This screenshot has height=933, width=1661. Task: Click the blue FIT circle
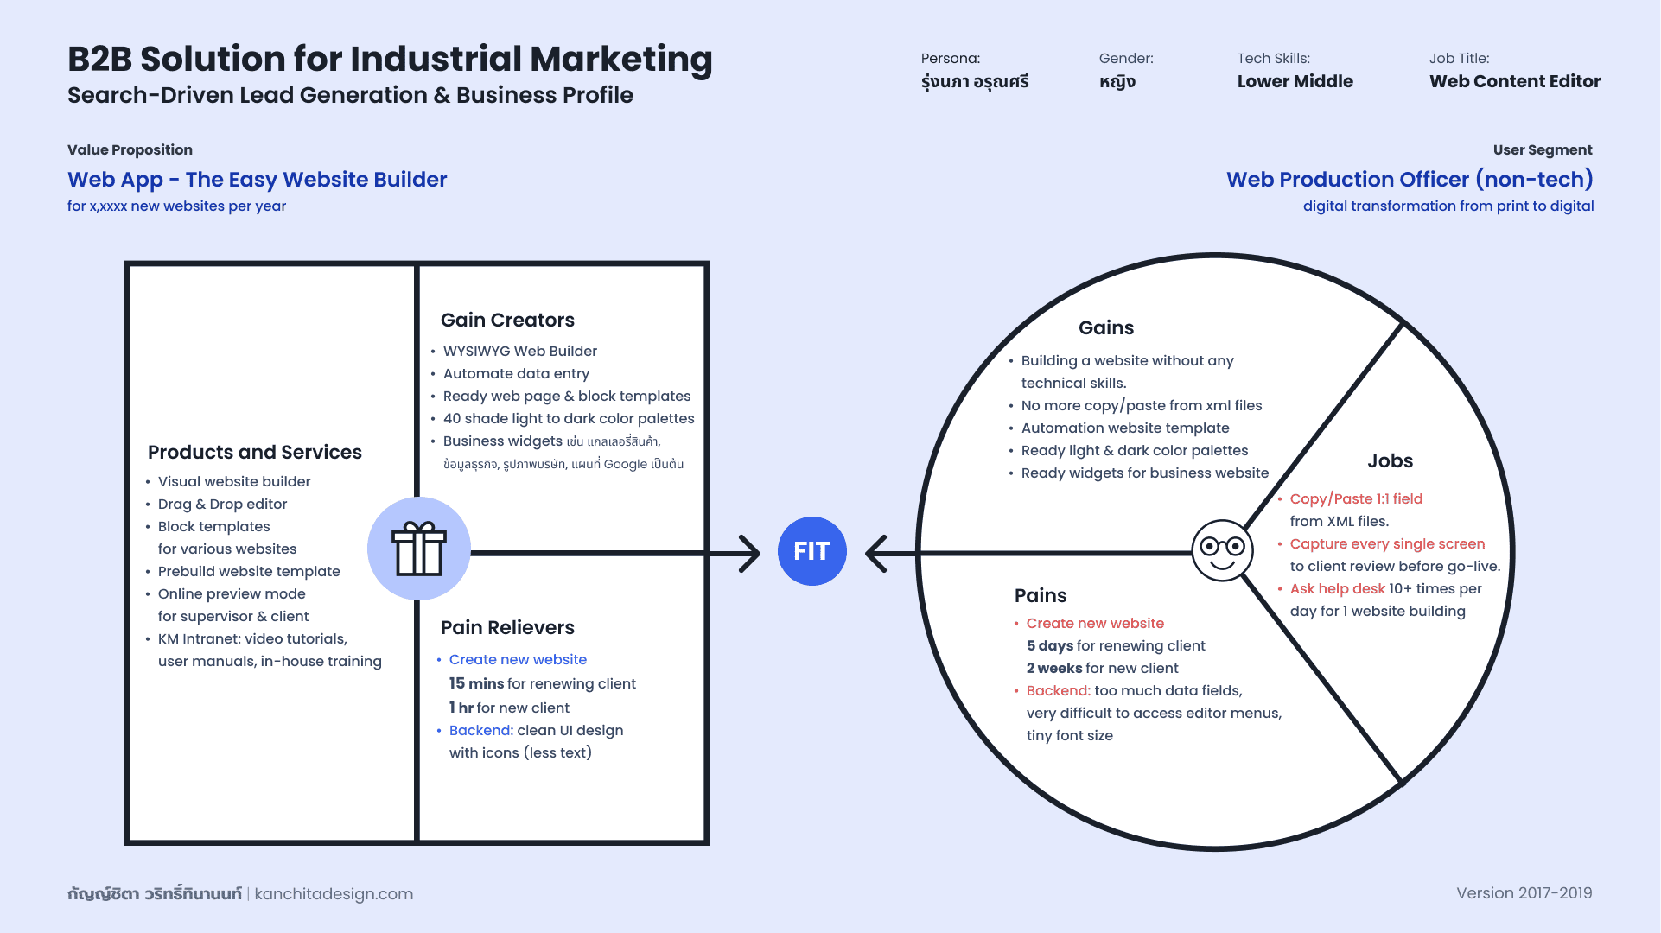811,551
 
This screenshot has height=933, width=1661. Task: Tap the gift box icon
419,549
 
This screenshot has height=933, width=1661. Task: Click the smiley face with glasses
1222,550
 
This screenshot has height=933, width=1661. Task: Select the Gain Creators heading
507,321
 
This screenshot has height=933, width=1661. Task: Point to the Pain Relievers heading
507,628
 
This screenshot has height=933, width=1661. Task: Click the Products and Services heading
255,453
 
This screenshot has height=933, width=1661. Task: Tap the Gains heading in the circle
1106,328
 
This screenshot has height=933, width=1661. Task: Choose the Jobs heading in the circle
1390,461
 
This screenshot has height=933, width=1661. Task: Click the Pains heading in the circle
1041,596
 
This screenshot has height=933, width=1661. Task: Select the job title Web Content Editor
1514,82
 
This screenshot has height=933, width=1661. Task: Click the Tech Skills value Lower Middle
1295,82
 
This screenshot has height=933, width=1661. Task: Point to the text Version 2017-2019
1524,893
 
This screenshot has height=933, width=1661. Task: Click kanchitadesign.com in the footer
334,894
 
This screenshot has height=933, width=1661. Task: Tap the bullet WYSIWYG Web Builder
519,352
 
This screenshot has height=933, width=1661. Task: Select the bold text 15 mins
476,684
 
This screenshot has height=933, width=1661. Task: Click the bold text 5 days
1049,646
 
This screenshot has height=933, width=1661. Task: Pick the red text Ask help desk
1337,589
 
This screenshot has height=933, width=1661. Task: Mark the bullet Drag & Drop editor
222,505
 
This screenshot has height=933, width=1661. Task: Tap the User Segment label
1542,150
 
